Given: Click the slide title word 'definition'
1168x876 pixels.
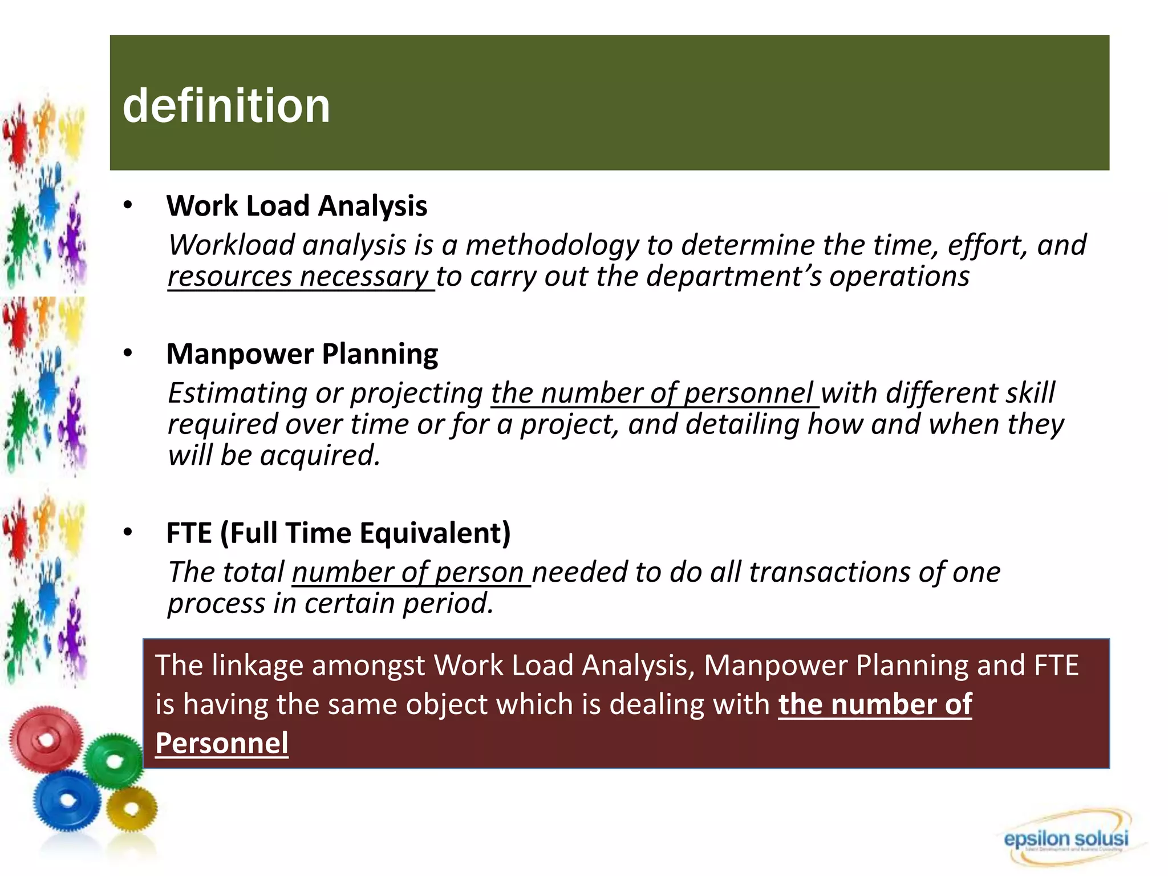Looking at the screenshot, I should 226,106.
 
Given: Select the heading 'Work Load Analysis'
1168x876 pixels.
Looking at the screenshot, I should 297,206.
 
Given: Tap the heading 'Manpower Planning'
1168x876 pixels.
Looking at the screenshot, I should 302,354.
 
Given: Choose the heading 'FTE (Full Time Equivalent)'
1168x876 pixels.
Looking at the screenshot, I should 338,533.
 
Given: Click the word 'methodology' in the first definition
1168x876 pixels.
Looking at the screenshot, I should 552,245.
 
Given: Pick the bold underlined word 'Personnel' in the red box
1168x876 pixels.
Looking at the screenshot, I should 222,743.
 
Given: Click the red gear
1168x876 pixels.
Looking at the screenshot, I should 46,739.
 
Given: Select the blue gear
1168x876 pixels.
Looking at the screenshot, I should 67,800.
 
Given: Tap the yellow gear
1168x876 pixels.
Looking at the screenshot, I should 132,808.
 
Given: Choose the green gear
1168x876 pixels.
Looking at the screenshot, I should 114,760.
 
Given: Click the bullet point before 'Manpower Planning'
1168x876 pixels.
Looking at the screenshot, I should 128,354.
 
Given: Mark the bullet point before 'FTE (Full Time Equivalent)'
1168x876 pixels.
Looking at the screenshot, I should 128,533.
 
